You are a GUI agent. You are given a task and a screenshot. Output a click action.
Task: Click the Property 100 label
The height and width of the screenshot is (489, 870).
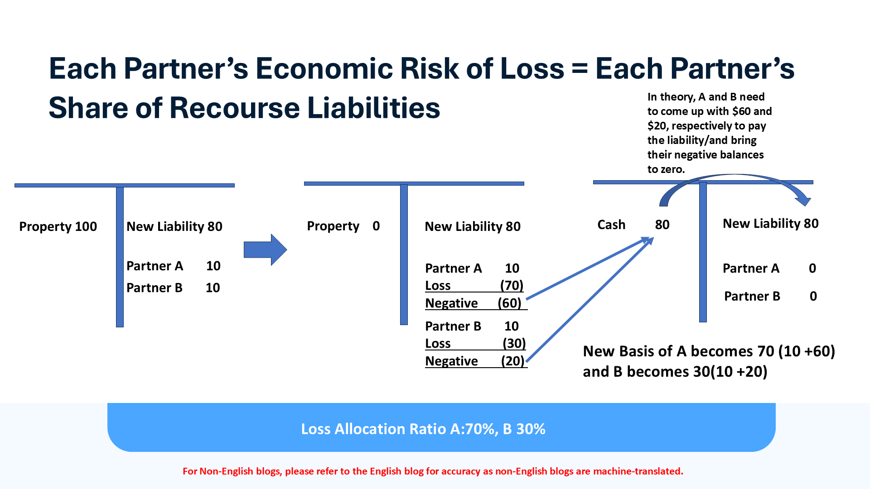click(58, 226)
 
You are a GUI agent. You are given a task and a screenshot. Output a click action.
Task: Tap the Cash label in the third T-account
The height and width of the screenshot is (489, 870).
click(611, 225)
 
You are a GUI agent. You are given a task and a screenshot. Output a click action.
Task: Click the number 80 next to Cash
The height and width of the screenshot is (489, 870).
click(662, 225)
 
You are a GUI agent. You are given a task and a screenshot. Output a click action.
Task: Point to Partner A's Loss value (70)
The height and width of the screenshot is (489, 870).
click(512, 286)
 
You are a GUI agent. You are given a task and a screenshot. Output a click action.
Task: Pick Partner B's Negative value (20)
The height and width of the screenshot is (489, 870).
click(512, 361)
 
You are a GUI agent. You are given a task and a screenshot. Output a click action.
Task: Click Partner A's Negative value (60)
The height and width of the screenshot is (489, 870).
click(509, 303)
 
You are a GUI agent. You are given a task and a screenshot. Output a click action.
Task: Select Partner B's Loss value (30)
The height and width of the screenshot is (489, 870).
click(514, 344)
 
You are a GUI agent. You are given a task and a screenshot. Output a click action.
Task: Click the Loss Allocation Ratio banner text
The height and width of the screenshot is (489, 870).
click(423, 429)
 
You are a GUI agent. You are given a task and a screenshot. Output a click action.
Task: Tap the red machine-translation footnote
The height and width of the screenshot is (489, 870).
click(433, 471)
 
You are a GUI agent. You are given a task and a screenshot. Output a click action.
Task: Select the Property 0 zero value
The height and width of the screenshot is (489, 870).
click(376, 226)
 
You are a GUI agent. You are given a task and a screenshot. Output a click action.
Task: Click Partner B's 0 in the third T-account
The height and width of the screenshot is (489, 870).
click(813, 296)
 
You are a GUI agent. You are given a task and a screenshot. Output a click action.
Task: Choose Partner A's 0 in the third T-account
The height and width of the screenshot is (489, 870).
click(812, 268)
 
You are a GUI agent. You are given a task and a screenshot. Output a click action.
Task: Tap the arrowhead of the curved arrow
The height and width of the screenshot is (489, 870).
click(804, 201)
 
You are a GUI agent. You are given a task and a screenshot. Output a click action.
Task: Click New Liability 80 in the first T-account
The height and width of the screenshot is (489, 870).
click(174, 226)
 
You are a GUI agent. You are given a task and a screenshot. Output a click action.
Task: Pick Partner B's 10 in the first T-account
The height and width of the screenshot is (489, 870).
click(213, 288)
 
